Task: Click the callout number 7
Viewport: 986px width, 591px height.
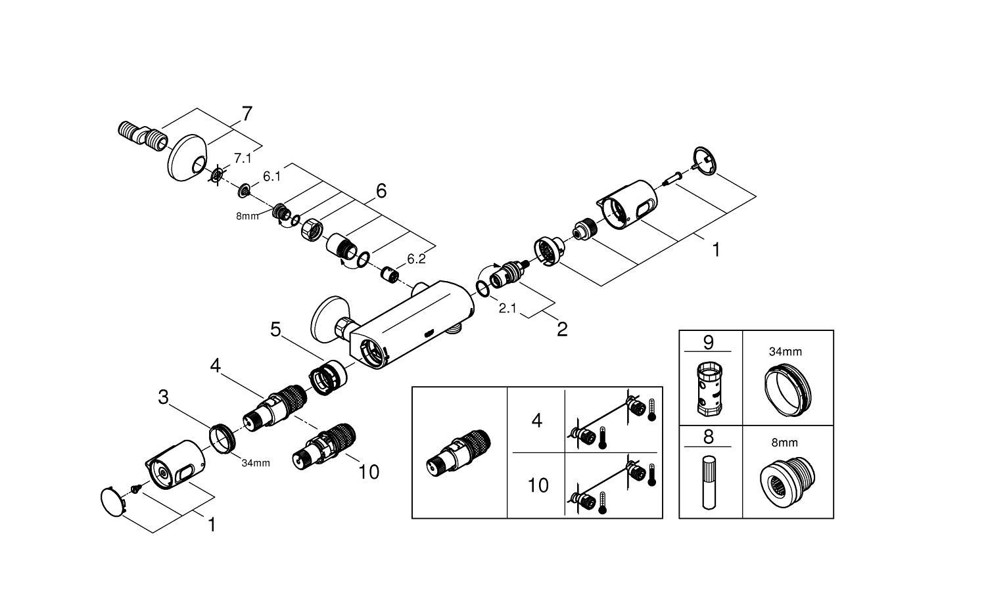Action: coord(246,114)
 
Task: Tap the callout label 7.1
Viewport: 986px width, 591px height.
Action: coord(243,159)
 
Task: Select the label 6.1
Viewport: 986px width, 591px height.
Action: coord(271,177)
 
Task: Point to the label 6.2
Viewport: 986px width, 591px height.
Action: coord(416,259)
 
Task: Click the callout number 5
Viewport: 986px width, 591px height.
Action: coord(276,328)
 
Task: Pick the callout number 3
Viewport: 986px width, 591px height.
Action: coord(163,397)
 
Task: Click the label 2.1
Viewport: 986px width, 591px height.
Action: coord(507,307)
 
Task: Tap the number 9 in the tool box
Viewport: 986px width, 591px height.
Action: coord(708,342)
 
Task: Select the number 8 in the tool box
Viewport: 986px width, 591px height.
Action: coord(708,437)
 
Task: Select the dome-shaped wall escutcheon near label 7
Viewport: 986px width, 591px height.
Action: coord(187,157)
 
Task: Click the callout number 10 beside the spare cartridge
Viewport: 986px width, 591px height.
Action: coord(369,471)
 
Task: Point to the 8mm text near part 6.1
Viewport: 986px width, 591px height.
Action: coord(248,216)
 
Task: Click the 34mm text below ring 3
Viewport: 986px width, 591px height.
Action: coord(256,463)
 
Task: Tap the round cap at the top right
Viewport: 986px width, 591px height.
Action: coord(704,161)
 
